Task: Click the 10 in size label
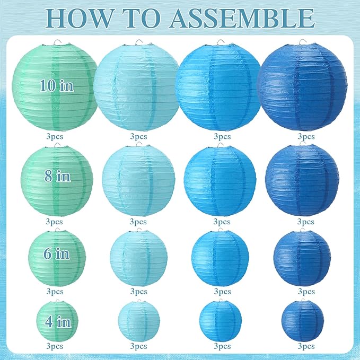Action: pos(55,85)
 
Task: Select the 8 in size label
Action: pos(57,176)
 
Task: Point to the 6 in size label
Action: pos(56,253)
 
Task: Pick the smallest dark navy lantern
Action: pos(303,320)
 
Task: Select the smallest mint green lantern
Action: pos(57,320)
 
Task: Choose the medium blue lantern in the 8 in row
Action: pos(219,180)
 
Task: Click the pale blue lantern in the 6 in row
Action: pos(138,258)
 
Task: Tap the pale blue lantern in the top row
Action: pos(136,86)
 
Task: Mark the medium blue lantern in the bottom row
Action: pos(221,321)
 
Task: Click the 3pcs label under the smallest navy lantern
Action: pos(306,346)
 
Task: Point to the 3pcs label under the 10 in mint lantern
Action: pos(54,136)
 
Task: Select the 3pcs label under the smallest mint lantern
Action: pos(54,346)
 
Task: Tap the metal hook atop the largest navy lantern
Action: pos(302,42)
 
